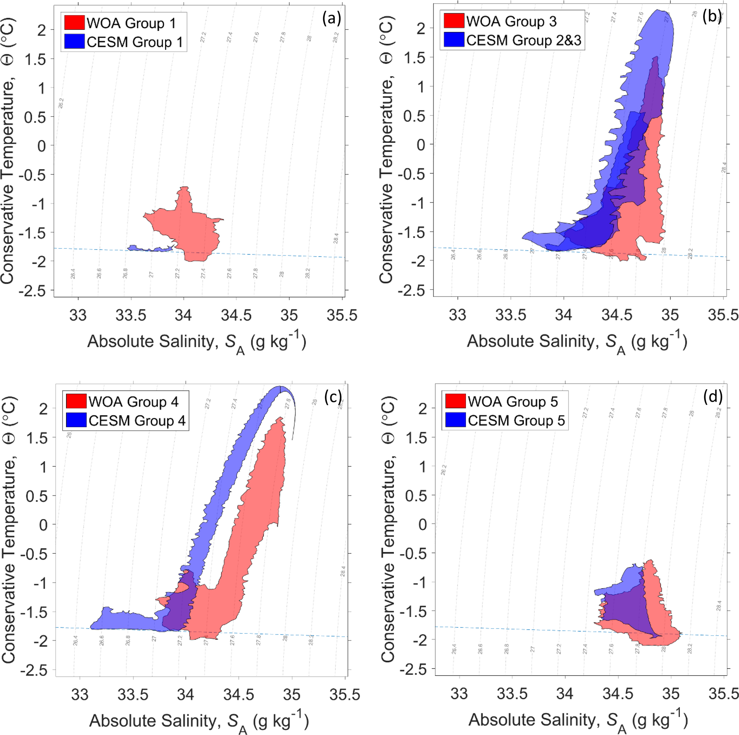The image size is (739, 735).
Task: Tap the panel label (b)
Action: pos(712,16)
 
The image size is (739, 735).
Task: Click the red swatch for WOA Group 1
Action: pos(74,23)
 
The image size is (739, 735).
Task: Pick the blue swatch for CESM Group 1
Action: pos(74,41)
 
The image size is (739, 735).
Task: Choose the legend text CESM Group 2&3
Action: pos(524,40)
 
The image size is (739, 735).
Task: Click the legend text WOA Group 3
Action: pos(511,21)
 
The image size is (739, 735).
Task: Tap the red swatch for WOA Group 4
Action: pos(76,401)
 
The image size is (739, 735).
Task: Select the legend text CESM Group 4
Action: pos(137,420)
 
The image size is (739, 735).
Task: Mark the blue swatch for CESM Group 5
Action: pos(455,420)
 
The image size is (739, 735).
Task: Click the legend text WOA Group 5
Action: pos(513,401)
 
